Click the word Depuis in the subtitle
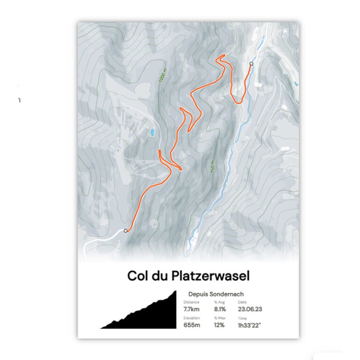click(x=197, y=294)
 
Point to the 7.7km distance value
click(x=192, y=309)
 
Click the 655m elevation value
click(x=192, y=325)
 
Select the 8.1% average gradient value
click(x=220, y=309)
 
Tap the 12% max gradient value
click(x=219, y=325)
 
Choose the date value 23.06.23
click(x=250, y=309)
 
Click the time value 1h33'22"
click(x=251, y=325)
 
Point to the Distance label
click(x=191, y=302)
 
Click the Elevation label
click(x=192, y=318)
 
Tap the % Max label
click(x=219, y=318)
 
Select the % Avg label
click(x=219, y=302)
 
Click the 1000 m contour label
click(x=162, y=74)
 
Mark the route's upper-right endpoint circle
click(x=251, y=64)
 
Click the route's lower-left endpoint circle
click(x=125, y=231)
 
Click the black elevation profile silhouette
click(x=150, y=316)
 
